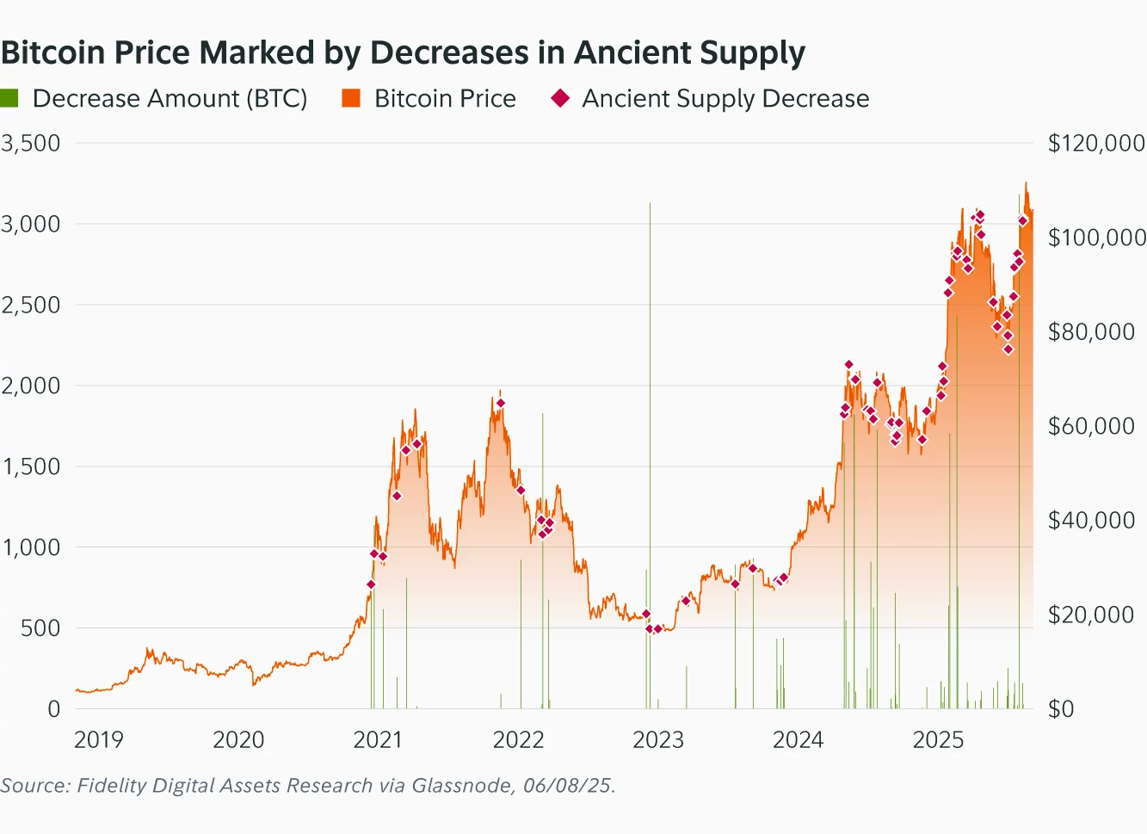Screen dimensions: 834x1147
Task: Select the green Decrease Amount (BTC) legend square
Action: [x=9, y=98]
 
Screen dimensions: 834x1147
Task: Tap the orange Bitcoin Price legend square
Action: [x=351, y=98]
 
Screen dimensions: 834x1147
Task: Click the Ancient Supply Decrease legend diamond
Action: [x=560, y=98]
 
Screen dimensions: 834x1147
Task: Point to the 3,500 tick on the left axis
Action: [x=31, y=143]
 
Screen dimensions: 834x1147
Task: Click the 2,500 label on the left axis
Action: [x=31, y=305]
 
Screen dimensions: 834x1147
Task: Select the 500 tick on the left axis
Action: [x=40, y=628]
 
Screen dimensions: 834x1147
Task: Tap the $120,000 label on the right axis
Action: [x=1095, y=143]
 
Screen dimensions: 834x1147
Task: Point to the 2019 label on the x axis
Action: [x=98, y=739]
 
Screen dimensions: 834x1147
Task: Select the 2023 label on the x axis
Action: [x=657, y=739]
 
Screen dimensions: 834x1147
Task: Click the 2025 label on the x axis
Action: [x=938, y=739]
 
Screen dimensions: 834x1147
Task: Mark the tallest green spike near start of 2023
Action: [x=650, y=344]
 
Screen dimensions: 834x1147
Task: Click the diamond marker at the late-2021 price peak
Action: [x=500, y=403]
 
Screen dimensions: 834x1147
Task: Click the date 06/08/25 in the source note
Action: [x=568, y=786]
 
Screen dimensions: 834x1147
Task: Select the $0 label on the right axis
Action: [x=1061, y=709]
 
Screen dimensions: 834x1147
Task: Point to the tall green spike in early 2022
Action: [x=543, y=516]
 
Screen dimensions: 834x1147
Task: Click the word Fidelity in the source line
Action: [x=108, y=786]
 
